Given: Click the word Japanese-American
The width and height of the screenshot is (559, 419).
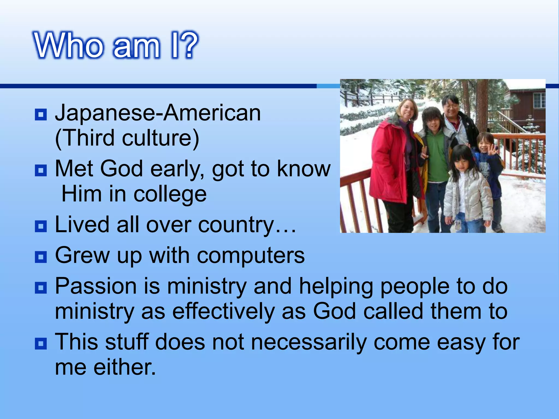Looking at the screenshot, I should [158, 113].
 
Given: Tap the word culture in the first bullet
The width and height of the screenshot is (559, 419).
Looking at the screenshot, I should [160, 138].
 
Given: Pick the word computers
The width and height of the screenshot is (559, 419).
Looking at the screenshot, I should [251, 256].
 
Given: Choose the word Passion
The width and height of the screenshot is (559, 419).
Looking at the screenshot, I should [96, 286].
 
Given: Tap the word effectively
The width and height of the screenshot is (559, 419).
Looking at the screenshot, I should [223, 312].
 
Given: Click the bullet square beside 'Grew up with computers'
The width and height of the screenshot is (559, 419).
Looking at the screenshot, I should [41, 257].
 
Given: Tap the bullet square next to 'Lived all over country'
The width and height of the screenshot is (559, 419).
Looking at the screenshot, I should [41, 226].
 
